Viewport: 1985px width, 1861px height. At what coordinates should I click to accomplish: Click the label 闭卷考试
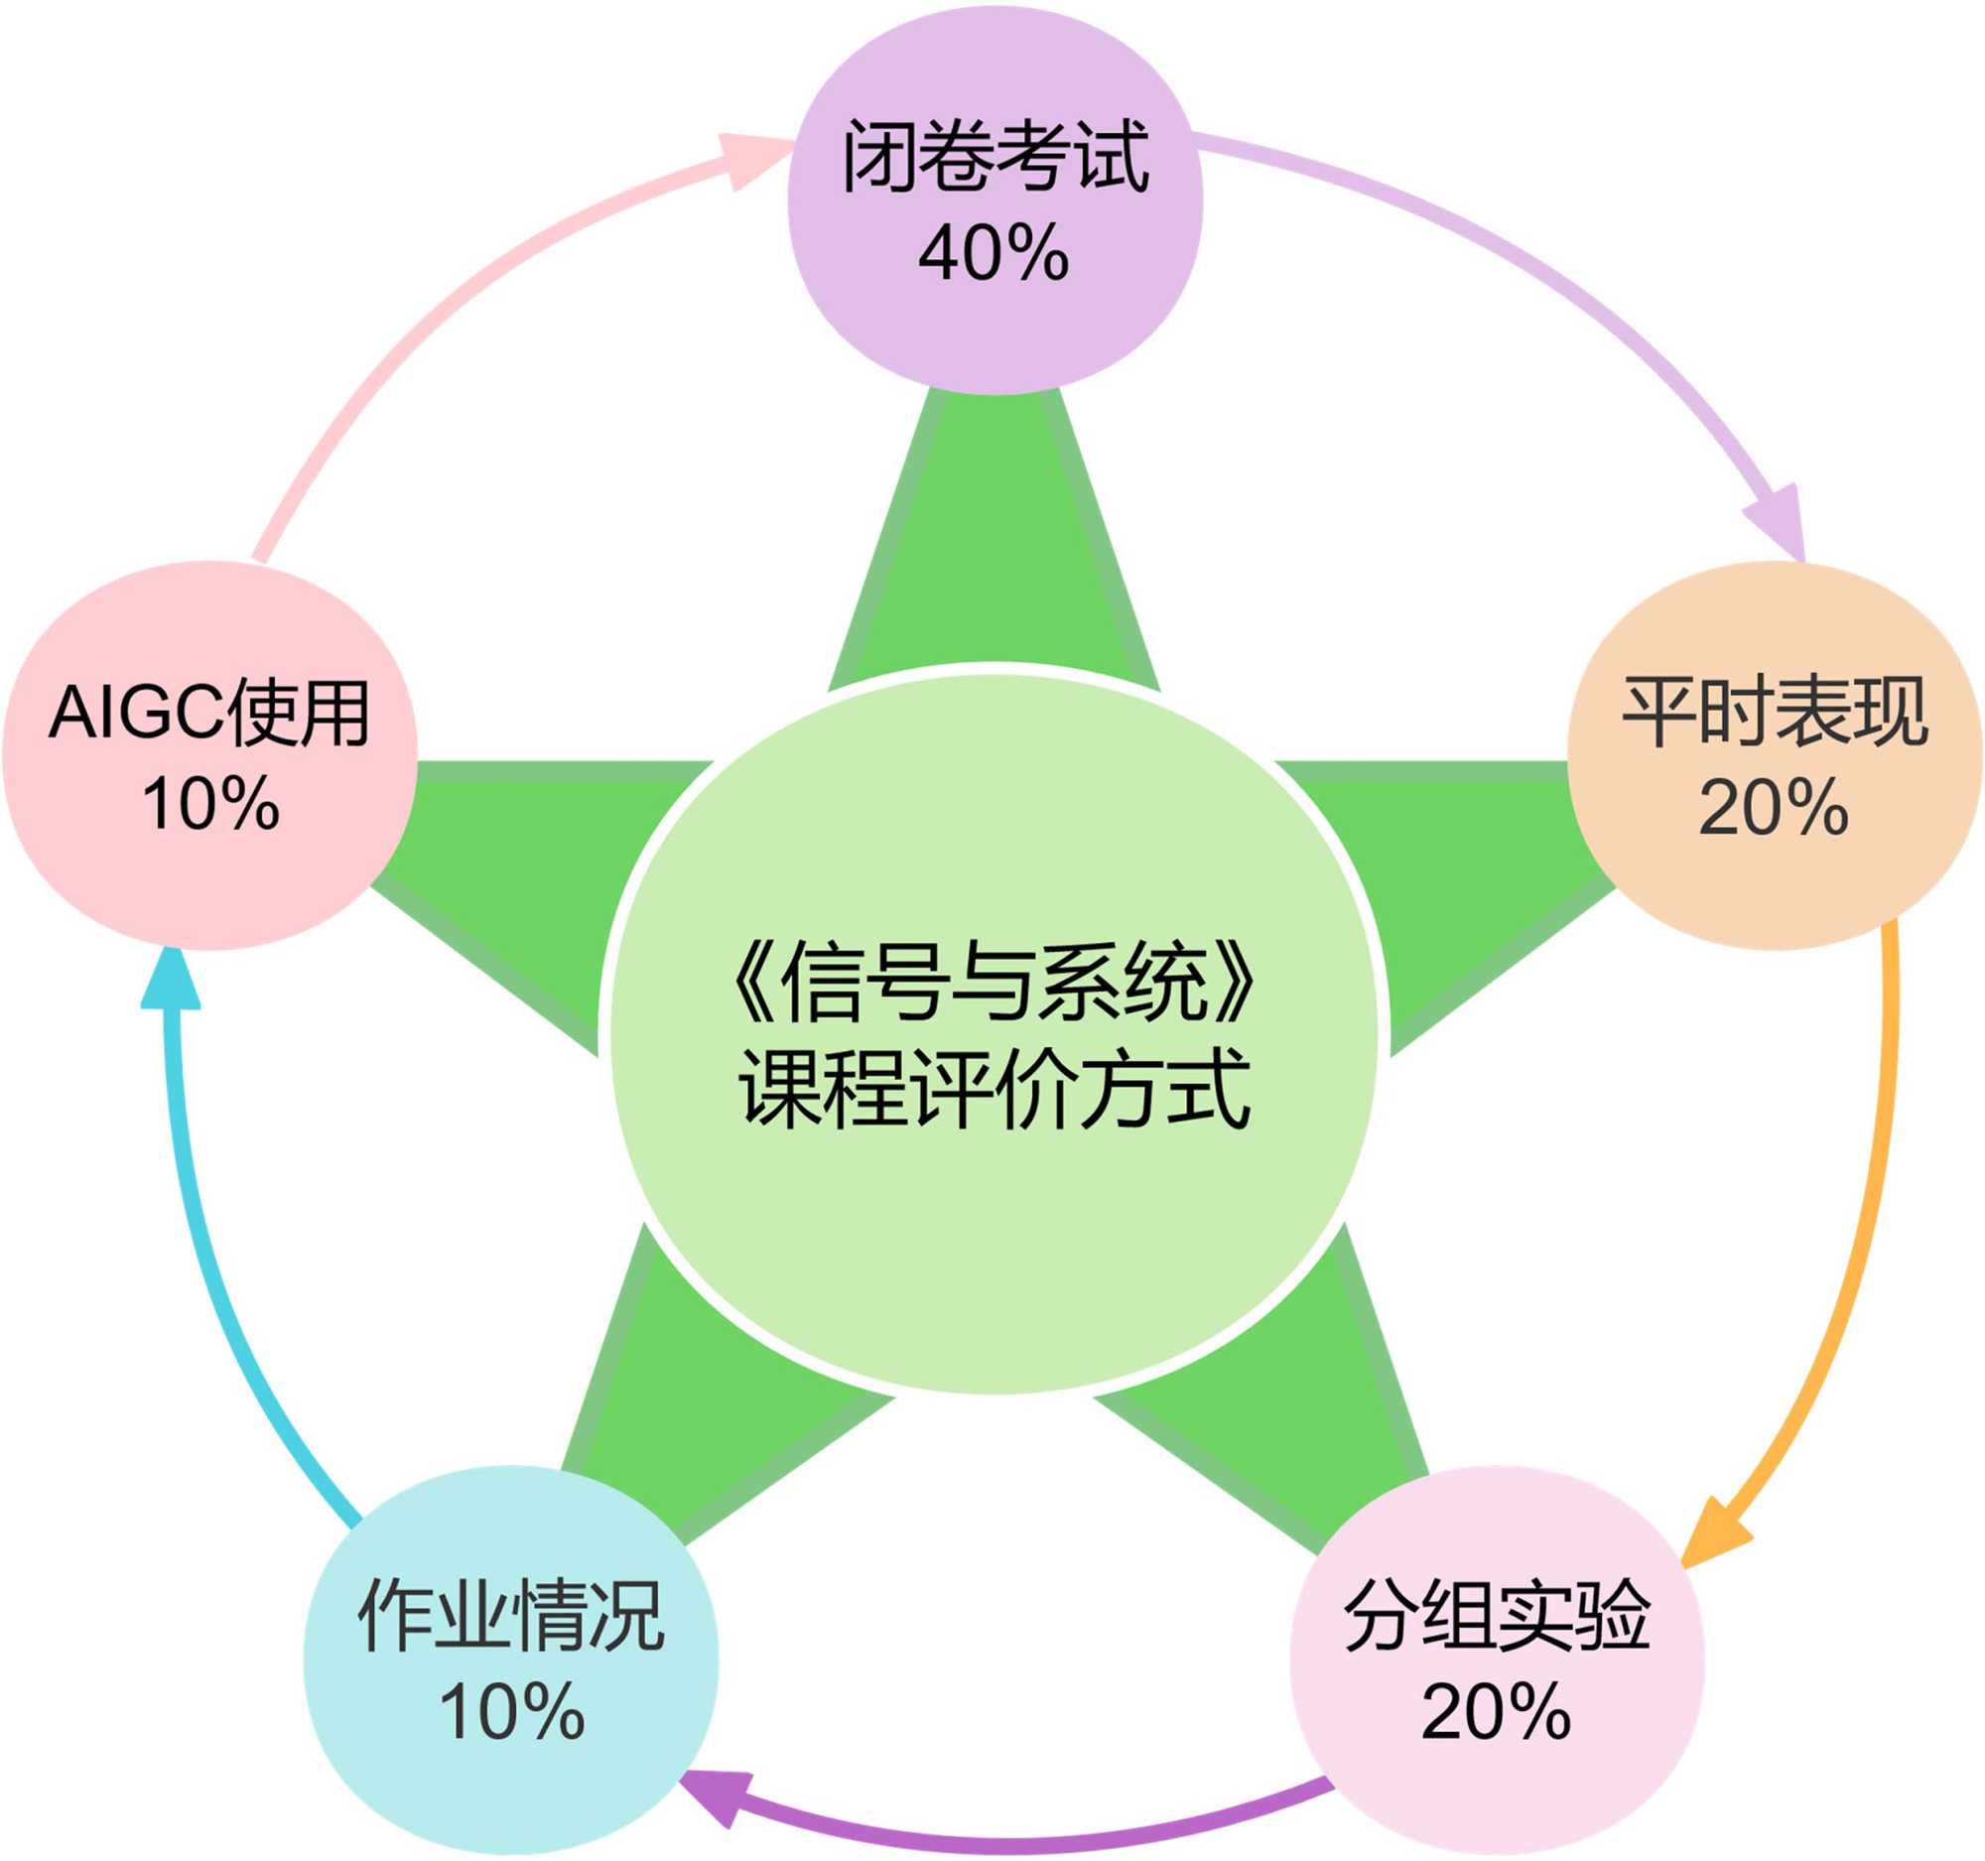coord(995,157)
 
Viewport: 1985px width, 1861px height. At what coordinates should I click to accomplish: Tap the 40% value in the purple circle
coord(993,253)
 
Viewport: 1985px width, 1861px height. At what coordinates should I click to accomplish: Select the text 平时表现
coord(1775,712)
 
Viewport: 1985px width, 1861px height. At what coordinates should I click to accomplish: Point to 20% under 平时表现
coord(1774,807)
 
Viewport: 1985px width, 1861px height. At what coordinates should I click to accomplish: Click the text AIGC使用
coord(209,713)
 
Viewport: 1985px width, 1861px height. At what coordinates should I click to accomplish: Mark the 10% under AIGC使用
coord(209,805)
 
